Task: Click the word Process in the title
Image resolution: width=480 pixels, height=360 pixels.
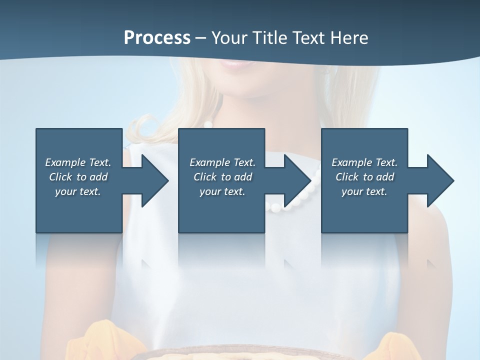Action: click(157, 37)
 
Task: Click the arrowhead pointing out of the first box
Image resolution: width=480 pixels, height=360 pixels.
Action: click(154, 180)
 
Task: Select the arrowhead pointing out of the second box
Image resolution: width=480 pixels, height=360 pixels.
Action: click(297, 180)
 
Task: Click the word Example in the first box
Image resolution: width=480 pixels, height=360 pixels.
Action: click(65, 162)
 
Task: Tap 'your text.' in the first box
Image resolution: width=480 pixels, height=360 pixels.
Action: click(78, 191)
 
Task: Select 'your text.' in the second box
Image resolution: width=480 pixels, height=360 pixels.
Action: click(222, 191)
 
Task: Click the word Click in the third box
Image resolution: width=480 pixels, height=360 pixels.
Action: click(347, 177)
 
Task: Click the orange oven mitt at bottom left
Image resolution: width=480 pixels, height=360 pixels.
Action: click(102, 342)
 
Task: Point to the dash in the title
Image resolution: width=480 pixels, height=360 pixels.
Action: click(200, 38)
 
